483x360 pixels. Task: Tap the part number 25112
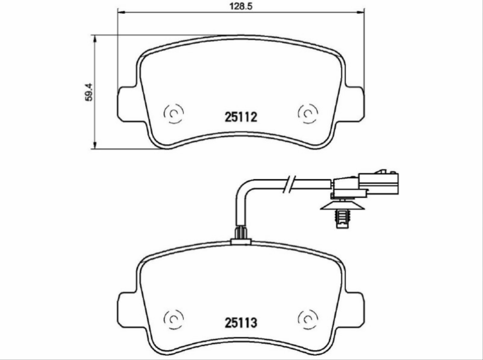click(x=241, y=117)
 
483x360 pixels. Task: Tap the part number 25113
click(x=241, y=323)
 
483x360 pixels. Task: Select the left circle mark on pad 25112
click(x=174, y=113)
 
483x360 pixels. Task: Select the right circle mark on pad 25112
click(x=308, y=113)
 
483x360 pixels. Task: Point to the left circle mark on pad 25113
click(x=174, y=320)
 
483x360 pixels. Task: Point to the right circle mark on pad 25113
click(x=308, y=320)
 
